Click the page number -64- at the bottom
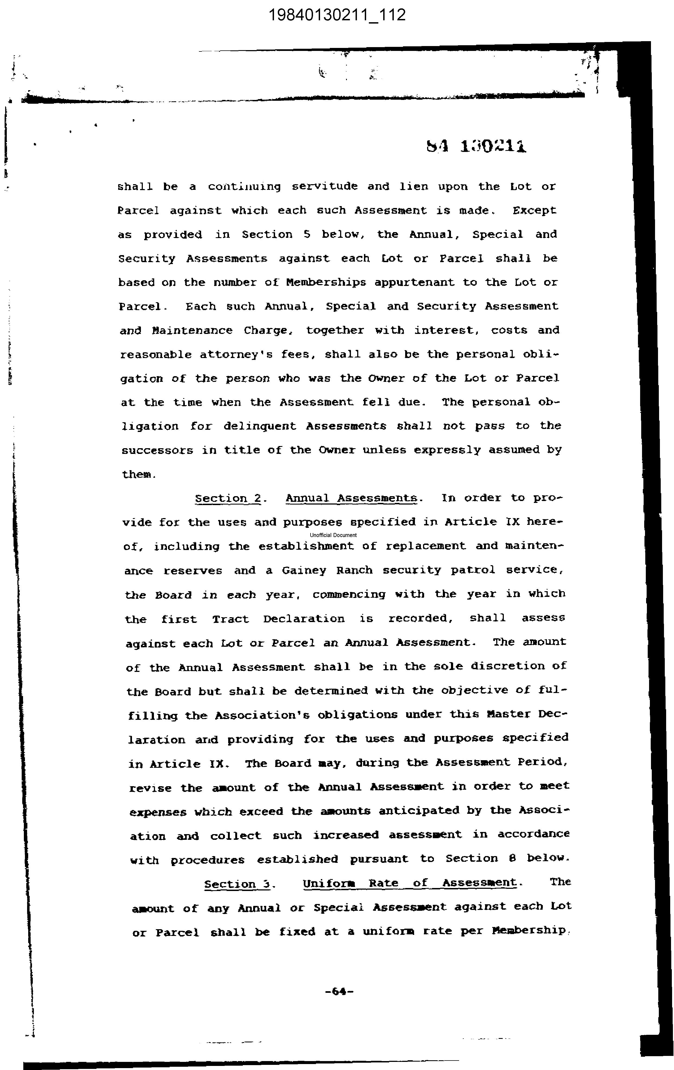tap(339, 991)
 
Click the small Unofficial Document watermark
tap(333, 535)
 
